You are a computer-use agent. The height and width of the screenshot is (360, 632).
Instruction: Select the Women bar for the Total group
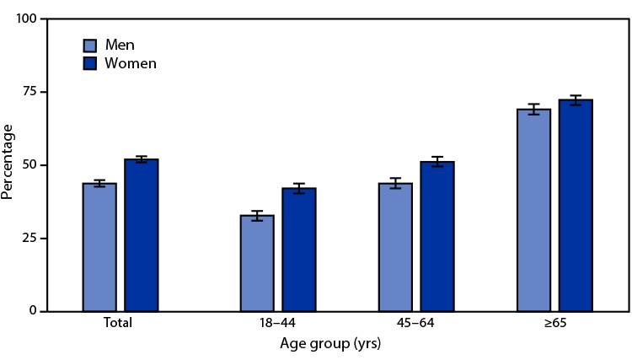click(142, 235)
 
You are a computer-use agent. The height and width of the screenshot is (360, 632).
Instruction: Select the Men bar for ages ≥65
click(533, 210)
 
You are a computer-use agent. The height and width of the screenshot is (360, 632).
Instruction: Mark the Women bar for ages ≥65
click(576, 206)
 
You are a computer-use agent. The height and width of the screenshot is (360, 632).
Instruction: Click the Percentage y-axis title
click(8, 161)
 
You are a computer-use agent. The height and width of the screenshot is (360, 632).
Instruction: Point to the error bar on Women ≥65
click(576, 100)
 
